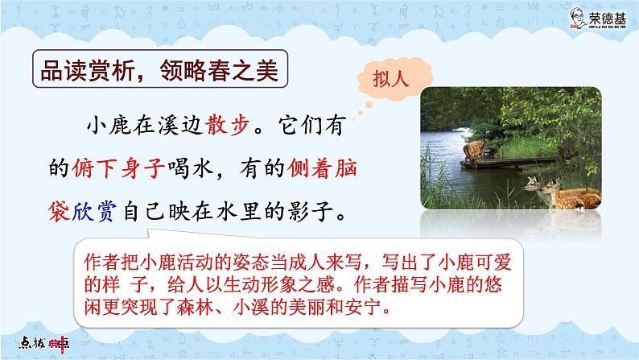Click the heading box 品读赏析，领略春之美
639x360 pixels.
[159, 71]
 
